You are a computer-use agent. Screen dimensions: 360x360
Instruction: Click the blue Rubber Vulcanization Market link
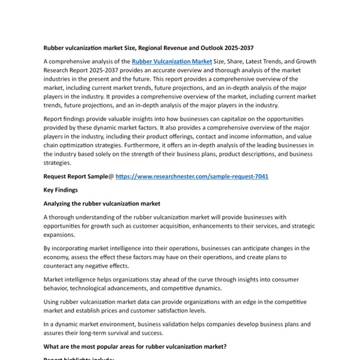(172, 61)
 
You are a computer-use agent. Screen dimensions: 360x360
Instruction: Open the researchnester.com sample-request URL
(191, 176)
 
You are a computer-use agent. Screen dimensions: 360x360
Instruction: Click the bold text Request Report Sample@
(78, 176)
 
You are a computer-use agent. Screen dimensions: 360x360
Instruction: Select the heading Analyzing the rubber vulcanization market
(101, 204)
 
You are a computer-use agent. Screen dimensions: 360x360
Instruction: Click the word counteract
(63, 266)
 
